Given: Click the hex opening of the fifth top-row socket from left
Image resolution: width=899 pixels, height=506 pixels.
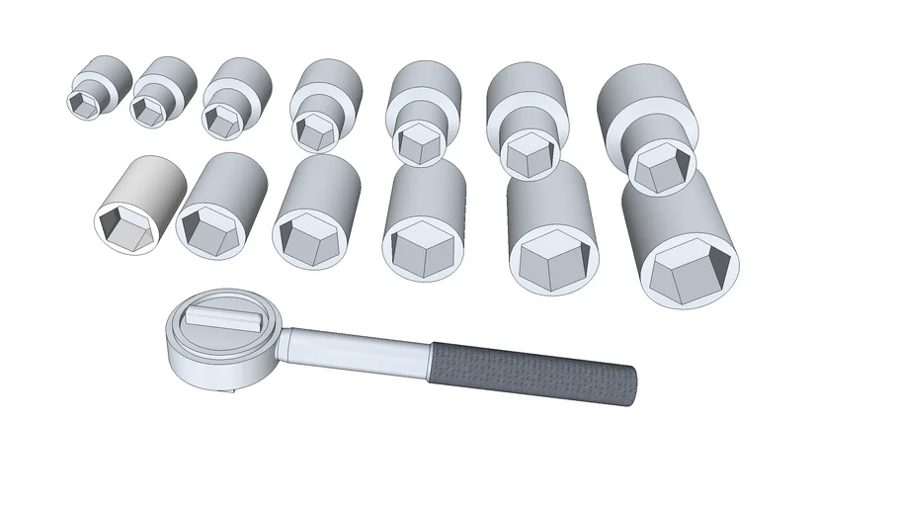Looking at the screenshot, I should point(419,143).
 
